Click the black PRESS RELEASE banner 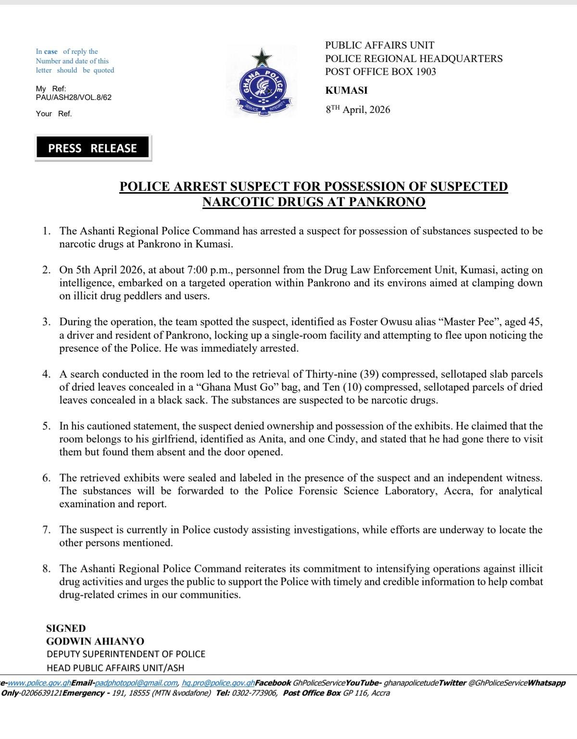92,148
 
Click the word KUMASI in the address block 346,90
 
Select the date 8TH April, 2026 358,110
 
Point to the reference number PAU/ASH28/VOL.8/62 74,97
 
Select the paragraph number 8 46,569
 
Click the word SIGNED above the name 66,628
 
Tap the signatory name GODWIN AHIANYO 95,641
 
